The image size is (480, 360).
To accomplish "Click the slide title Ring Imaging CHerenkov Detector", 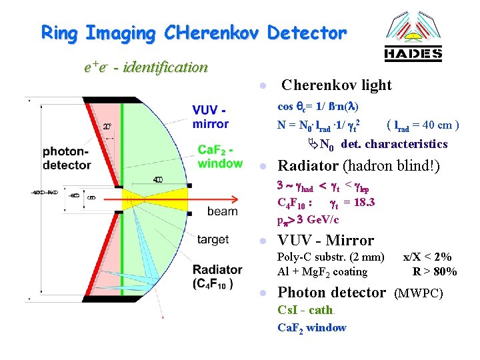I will [x=194, y=32].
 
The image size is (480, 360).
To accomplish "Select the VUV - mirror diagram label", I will [x=210, y=117].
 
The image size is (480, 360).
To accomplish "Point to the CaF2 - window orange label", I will [x=220, y=157].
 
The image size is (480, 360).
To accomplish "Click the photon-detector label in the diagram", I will [x=67, y=158].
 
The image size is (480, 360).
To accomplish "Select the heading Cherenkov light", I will [x=337, y=85].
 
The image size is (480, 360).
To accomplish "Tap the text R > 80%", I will [x=434, y=271].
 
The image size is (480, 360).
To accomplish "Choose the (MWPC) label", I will [x=419, y=293].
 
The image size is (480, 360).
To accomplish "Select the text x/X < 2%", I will [x=427, y=257].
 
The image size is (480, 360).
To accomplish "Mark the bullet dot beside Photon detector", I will [x=264, y=293].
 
